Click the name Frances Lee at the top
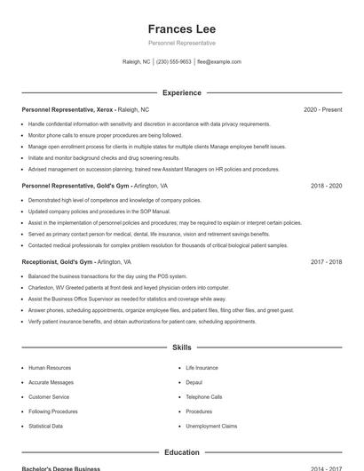pos(181,28)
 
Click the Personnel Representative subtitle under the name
pos(181,43)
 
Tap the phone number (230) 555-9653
pos(173,62)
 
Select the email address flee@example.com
pos(219,62)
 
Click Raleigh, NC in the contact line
pos(136,62)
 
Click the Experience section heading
pos(181,92)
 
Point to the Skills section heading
pos(181,347)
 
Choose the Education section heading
pos(181,452)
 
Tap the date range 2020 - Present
pos(322,109)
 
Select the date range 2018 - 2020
pos(327,186)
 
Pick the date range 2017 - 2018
pos(327,262)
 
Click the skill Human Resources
pos(50,367)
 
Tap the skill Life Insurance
pos(202,367)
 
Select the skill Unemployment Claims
pos(210,426)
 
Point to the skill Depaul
pos(194,382)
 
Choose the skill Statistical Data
pos(45,426)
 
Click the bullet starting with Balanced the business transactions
pos(107,276)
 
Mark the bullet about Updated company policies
pos(99,212)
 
